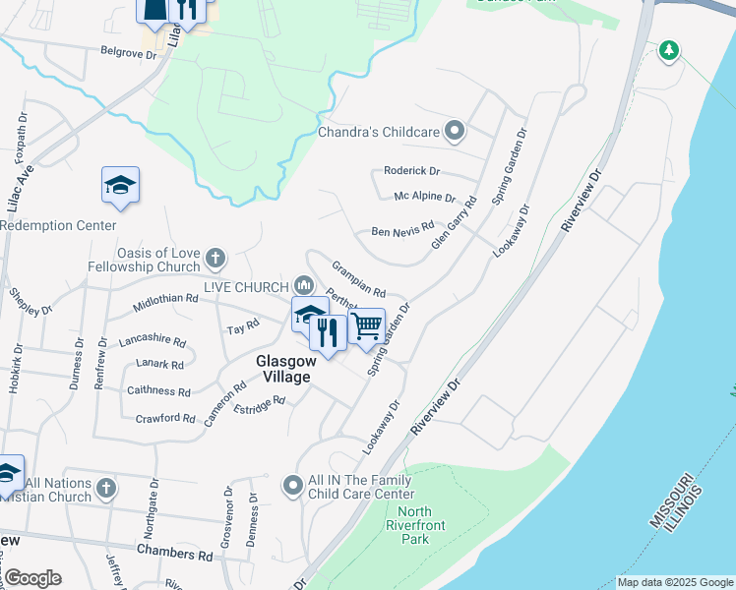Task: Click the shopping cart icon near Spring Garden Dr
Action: pos(367,324)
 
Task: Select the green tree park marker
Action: pos(669,49)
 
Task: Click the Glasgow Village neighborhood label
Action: pos(283,369)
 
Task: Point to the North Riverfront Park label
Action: pos(422,525)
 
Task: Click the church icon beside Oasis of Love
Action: pos(215,260)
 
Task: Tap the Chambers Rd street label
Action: pos(175,554)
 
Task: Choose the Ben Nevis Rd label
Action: pos(401,231)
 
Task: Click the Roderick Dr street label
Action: pos(412,170)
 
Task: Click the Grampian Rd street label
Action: pos(358,279)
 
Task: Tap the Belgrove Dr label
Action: pos(128,54)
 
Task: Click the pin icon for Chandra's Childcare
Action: pos(455,130)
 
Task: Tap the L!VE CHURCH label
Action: pos(246,286)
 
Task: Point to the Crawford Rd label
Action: pos(165,418)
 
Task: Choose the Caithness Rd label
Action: pos(159,390)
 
